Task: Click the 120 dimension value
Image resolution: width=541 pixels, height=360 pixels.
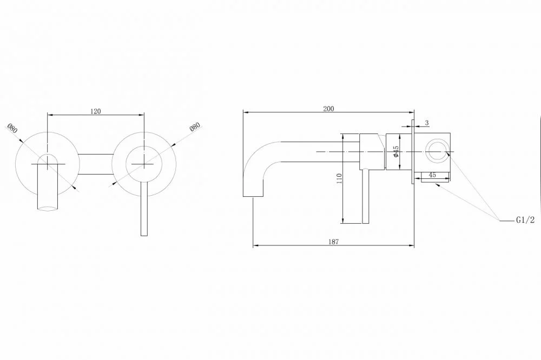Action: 96,111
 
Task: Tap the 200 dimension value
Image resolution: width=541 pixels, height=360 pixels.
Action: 328,109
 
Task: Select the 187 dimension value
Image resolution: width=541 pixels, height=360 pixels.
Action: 333,242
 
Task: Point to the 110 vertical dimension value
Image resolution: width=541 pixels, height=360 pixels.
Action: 339,178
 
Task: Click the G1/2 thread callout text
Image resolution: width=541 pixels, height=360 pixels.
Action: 525,220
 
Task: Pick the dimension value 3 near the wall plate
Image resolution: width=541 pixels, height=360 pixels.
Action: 427,123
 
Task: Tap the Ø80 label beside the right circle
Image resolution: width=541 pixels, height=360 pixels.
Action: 195,126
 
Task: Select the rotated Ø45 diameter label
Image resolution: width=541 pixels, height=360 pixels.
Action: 396,152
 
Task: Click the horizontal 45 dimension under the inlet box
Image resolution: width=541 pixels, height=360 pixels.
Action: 432,175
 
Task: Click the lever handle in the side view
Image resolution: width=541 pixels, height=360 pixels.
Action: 366,196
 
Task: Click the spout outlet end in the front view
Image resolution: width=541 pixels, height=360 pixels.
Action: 48,208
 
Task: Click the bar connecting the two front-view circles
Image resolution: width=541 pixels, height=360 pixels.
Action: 96,164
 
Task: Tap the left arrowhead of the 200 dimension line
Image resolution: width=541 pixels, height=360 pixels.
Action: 246,112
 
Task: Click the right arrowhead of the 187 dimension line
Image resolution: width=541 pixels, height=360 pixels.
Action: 411,245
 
